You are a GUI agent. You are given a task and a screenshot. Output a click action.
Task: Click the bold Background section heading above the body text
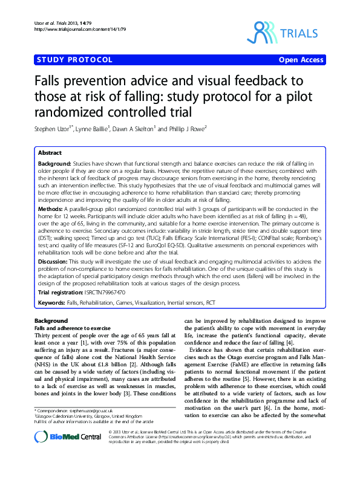pos(51,320)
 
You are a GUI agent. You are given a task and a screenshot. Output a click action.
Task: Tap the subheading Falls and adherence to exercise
pos(68,326)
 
